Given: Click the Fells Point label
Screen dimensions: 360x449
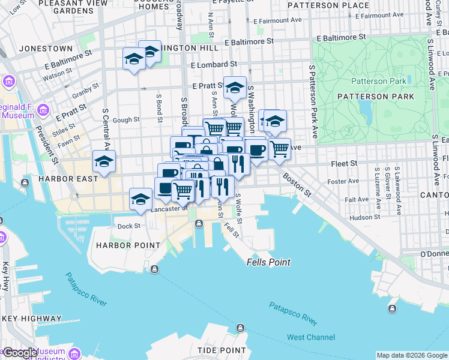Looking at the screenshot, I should (268, 262).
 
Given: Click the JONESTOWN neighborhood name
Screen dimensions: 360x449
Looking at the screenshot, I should (46, 48).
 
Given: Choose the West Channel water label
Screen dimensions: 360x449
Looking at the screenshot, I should (311, 337).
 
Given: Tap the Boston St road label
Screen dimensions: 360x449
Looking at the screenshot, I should (297, 185).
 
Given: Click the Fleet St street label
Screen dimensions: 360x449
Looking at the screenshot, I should (345, 163).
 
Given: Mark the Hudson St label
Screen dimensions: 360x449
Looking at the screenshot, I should (361, 217).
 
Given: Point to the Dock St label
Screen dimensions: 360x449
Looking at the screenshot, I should (128, 226).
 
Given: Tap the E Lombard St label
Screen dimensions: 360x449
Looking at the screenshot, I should (214, 64).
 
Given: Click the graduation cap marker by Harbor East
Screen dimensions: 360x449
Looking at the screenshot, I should (104, 161).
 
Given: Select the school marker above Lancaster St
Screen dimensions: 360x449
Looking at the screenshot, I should (141, 199).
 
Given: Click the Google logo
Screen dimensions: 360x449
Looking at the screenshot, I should (21, 353).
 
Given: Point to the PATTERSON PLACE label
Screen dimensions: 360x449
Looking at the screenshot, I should (328, 5).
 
